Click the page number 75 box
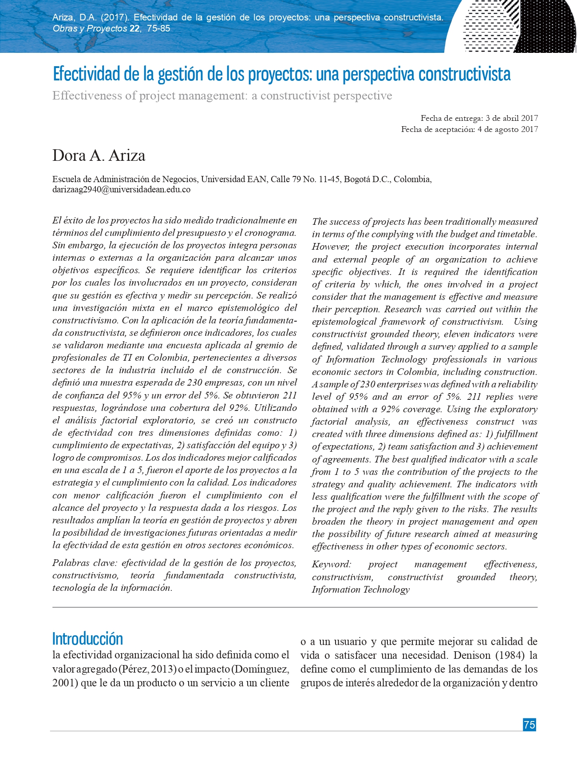tap(529, 725)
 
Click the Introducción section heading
tap(87, 639)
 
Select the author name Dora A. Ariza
tap(99, 155)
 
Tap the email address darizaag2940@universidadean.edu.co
tap(121, 190)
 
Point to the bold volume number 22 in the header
tap(134, 29)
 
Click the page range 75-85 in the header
tap(158, 29)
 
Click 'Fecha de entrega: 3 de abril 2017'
tap(479, 118)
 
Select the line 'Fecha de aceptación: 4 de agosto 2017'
tap(469, 129)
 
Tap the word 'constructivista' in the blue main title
tap(464, 74)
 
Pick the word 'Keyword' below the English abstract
tap(331, 564)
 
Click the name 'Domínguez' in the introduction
tap(261, 669)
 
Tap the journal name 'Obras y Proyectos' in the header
tap(90, 29)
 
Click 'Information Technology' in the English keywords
tap(360, 590)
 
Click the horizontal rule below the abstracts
tap(295, 607)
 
